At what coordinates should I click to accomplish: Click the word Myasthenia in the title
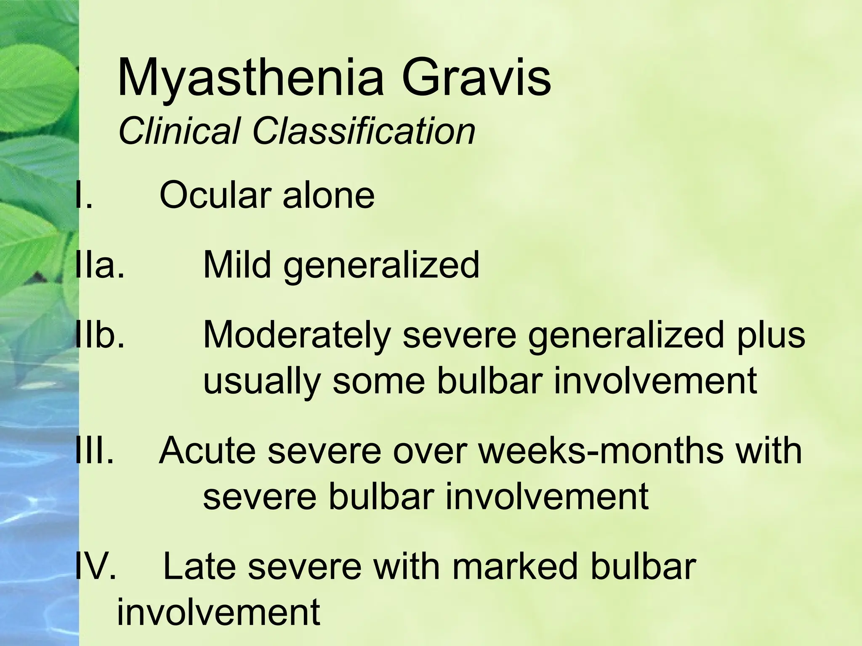251,79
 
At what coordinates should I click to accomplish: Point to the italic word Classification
364,131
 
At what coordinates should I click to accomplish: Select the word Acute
208,450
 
